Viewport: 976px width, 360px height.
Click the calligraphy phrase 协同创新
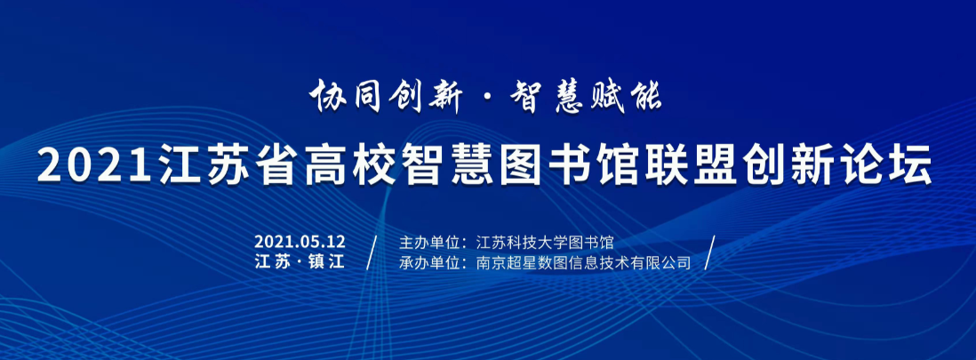pyautogui.click(x=385, y=96)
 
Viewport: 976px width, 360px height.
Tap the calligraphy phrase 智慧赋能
pyautogui.click(x=586, y=96)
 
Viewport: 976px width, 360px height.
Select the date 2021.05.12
pyautogui.click(x=300, y=242)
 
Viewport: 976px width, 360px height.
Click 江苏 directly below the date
pyautogui.click(x=273, y=262)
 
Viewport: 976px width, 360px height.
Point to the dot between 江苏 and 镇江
pyautogui.click(x=299, y=262)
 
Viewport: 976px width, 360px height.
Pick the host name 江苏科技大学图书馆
pyautogui.click(x=545, y=243)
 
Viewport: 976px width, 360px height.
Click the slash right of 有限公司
pyautogui.click(x=710, y=252)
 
